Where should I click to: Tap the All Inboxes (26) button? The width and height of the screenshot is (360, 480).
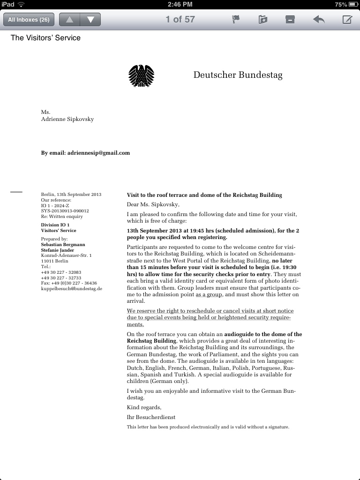tap(29, 20)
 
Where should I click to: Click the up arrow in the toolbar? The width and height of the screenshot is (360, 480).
tap(69, 20)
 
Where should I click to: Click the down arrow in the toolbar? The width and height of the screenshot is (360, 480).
tap(90, 20)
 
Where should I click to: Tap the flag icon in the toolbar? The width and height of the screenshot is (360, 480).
tap(236, 20)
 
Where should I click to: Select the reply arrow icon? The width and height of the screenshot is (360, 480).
tap(319, 20)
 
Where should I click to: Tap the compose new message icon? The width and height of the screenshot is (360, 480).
tap(347, 20)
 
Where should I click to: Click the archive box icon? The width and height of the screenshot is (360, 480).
tap(290, 20)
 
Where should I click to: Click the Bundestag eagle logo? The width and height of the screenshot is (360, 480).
tap(141, 76)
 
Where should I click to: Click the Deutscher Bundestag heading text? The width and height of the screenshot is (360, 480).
tap(238, 75)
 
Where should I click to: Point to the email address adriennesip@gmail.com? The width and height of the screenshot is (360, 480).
tap(98, 153)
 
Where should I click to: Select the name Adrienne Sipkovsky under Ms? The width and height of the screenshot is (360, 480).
tap(67, 119)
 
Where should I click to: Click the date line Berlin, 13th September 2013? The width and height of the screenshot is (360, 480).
tap(71, 194)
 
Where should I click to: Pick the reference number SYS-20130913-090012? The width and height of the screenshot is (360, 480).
tap(65, 211)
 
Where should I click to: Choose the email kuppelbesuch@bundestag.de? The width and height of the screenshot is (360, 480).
tap(72, 289)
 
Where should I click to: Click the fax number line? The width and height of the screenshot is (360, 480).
tap(69, 283)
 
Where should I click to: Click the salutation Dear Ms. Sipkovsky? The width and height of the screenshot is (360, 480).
tap(153, 204)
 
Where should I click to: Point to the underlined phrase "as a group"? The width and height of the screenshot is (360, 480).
tap(207, 294)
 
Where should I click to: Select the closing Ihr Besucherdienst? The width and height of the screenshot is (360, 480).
tap(151, 417)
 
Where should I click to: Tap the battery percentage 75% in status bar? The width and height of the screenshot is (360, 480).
tap(341, 4)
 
